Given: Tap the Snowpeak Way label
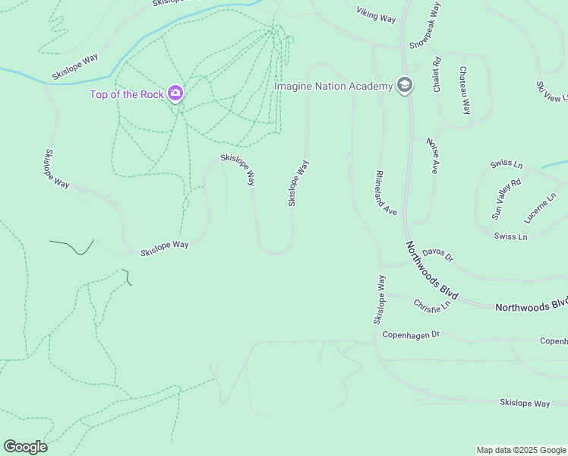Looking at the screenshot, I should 425,27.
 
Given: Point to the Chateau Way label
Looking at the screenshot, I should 464,90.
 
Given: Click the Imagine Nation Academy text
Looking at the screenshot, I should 333,86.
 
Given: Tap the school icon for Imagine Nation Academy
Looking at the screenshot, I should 405,85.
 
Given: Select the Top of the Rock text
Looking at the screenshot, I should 127,94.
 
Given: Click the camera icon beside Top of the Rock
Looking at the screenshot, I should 175,93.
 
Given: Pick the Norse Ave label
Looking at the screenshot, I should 432,155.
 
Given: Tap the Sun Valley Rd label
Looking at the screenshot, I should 506,199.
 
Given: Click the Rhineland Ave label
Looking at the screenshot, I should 386,192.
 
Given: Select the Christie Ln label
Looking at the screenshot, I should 432,304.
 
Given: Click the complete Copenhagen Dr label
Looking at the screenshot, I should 411,334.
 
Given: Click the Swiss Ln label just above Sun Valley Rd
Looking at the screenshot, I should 506,164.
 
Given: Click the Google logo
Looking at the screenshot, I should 25,447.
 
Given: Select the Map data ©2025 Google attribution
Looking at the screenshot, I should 521,450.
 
